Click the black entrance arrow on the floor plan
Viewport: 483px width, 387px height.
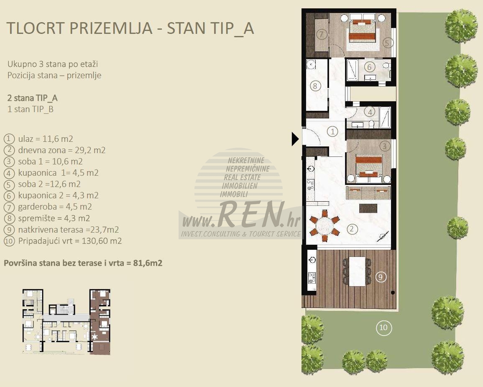pos(295,139)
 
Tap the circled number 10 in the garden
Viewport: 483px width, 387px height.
pos(383,328)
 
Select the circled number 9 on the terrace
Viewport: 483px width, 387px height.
pos(381,277)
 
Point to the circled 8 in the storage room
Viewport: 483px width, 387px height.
pos(315,86)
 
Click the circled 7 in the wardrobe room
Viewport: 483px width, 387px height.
pos(322,34)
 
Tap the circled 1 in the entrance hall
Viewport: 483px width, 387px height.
pos(332,132)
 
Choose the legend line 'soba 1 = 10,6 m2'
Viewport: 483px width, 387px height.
pos(50,161)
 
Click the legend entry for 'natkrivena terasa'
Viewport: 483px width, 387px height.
pos(69,230)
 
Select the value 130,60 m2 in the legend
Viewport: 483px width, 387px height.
pos(102,241)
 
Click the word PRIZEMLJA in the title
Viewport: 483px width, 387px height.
pos(111,28)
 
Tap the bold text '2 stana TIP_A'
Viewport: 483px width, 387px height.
pos(32,98)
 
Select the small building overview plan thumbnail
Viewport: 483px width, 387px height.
pos(66,322)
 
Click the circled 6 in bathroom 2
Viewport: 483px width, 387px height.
pos(370,67)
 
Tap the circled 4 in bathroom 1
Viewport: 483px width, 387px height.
pos(370,112)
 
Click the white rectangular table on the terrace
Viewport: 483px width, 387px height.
pos(357,272)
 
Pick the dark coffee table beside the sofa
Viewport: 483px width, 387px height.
pos(368,208)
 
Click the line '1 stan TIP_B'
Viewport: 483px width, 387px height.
pos(30,109)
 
